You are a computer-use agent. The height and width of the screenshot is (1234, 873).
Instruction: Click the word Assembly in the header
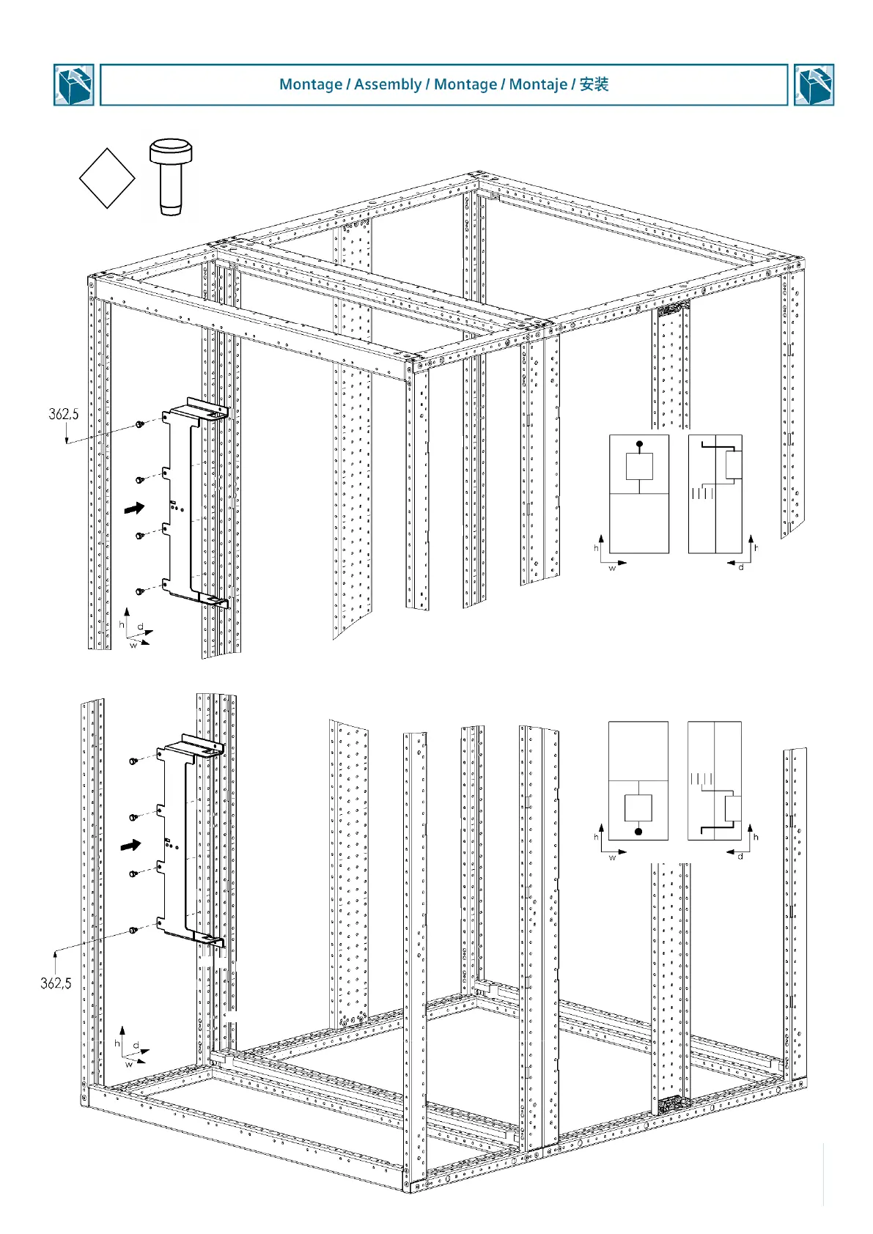(x=387, y=84)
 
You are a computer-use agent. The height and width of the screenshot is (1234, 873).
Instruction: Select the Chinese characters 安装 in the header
(x=594, y=84)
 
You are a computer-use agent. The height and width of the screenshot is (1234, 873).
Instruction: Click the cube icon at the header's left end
(x=73, y=85)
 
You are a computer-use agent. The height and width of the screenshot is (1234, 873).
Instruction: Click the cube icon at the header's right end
(x=814, y=85)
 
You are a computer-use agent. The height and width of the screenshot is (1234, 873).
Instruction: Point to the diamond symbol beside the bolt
(x=107, y=178)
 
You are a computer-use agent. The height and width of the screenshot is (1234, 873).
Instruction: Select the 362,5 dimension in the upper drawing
(x=63, y=415)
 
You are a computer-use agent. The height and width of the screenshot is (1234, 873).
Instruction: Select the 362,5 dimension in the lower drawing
(x=56, y=983)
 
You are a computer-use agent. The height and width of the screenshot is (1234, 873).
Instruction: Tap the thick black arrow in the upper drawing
(x=134, y=507)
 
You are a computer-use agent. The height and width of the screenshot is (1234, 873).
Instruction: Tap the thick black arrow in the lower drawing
(x=130, y=845)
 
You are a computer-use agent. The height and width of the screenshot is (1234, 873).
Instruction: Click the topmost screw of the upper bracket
(x=139, y=424)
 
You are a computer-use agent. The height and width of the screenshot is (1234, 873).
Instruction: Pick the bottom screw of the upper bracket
(x=139, y=591)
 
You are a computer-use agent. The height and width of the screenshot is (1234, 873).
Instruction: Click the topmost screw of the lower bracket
(x=133, y=761)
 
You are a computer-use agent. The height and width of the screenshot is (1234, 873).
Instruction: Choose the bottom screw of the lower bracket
(x=133, y=930)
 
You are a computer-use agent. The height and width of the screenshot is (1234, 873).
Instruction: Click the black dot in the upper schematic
(x=639, y=444)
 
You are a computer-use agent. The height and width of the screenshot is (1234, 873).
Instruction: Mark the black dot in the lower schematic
(x=638, y=832)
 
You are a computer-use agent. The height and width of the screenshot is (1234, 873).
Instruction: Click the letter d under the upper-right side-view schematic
(x=740, y=567)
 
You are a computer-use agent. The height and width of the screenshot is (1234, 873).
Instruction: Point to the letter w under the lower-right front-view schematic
(x=612, y=857)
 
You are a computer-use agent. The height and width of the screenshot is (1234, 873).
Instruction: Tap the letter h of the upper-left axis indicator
(x=121, y=625)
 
